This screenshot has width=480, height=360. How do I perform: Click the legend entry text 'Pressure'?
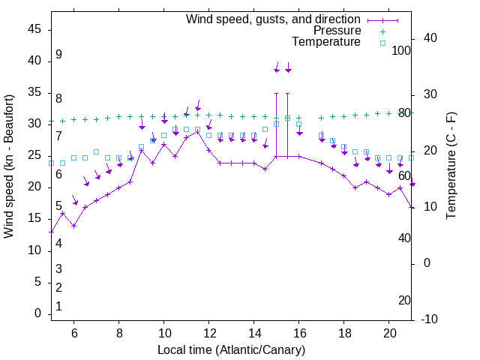pyautogui.click(x=337, y=31)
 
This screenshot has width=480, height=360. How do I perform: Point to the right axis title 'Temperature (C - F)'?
pyautogui.click(x=451, y=166)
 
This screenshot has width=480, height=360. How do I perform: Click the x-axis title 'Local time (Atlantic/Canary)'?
pyautogui.click(x=231, y=350)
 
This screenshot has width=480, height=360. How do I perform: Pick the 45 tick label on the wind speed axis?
pyautogui.click(x=35, y=28)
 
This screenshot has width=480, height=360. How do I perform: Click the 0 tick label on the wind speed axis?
pyautogui.click(x=38, y=313)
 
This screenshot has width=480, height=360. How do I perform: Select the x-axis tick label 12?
pyautogui.click(x=209, y=333)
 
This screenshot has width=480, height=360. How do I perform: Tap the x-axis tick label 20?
pyautogui.click(x=390, y=333)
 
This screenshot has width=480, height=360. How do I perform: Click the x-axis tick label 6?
pyautogui.click(x=73, y=333)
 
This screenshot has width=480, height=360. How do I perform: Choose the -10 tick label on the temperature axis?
pyautogui.click(x=430, y=319)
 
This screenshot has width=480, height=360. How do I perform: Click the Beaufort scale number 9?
pyautogui.click(x=58, y=55)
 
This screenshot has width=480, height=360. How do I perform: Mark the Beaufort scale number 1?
pyautogui.click(x=58, y=307)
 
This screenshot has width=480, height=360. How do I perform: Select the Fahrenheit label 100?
pyautogui.click(x=402, y=50)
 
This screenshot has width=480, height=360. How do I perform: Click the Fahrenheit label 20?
pyautogui.click(x=404, y=301)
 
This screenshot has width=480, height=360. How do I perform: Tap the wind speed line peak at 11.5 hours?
pyautogui.click(x=198, y=131)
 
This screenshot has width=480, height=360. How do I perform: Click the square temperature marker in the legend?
pyautogui.click(x=382, y=43)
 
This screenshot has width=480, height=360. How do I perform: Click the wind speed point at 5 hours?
pyautogui.click(x=51, y=232)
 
